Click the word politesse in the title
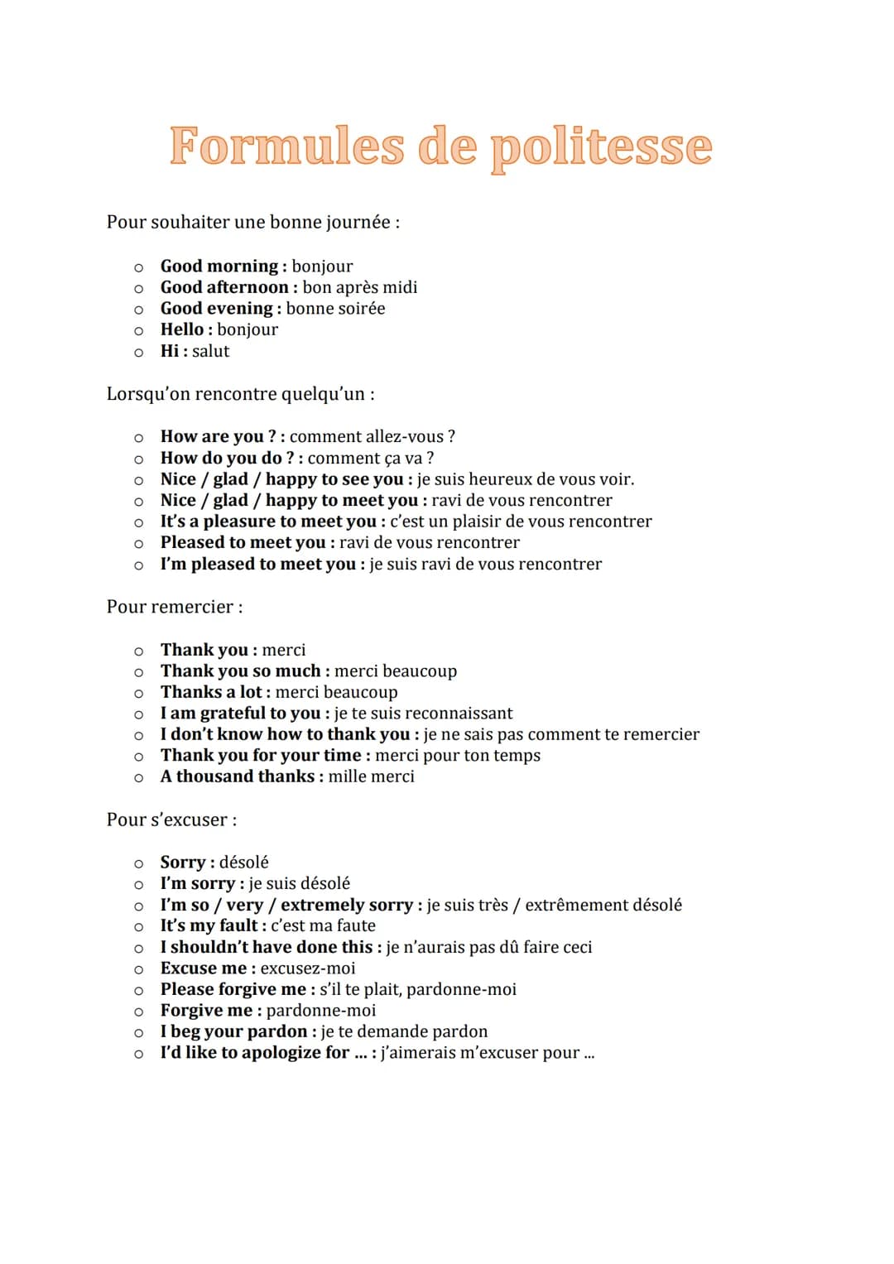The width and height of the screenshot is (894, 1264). tap(601, 147)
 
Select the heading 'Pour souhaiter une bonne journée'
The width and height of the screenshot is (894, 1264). tap(252, 222)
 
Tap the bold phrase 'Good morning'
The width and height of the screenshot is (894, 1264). tap(219, 266)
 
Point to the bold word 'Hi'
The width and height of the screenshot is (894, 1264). tap(170, 351)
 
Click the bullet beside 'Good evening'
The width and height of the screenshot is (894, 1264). tap(139, 310)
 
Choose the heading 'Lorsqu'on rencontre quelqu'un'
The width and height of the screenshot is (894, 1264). tap(240, 394)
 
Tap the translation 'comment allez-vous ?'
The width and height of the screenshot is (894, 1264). tap(372, 436)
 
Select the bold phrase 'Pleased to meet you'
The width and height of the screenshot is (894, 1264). tap(243, 542)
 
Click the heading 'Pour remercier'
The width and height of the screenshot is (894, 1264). tap(174, 607)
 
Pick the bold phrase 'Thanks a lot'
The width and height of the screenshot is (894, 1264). tap(211, 692)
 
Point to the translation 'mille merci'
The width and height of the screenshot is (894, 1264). tap(371, 776)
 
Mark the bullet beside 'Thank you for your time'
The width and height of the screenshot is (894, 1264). tap(139, 757)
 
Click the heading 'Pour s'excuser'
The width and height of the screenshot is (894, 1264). tap(171, 819)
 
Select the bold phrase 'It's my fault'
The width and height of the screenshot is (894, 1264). tap(209, 925)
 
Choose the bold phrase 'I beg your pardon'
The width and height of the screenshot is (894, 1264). tap(234, 1031)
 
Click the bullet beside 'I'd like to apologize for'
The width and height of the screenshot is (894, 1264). tap(139, 1054)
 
